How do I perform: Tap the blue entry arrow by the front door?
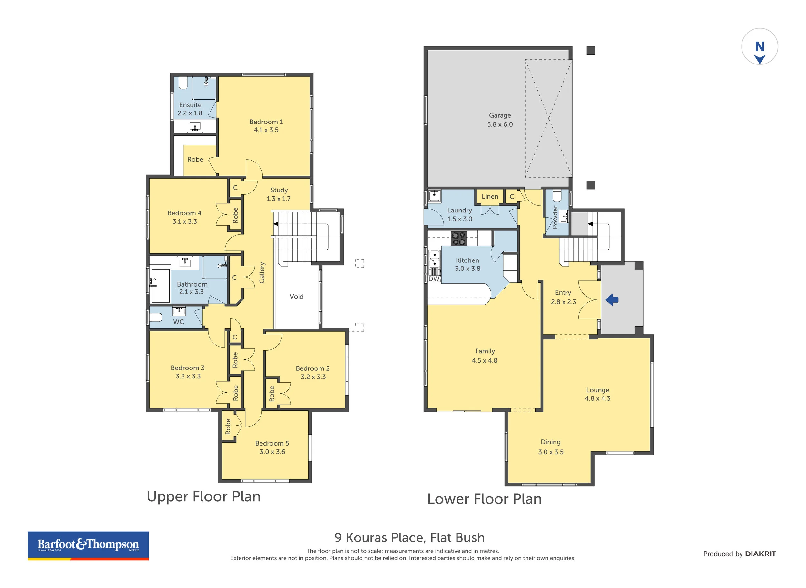pyautogui.click(x=612, y=300)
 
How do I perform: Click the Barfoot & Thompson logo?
pyautogui.click(x=88, y=546)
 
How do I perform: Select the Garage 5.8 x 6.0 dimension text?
pyautogui.click(x=500, y=124)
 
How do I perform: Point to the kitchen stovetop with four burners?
pyautogui.click(x=458, y=239)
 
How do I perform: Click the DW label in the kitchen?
pyautogui.click(x=434, y=279)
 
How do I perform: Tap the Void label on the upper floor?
pyautogui.click(x=297, y=296)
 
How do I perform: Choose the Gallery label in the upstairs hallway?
pyautogui.click(x=262, y=273)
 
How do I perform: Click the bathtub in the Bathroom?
pyautogui.click(x=160, y=286)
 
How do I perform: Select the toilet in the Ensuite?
pyautogui.click(x=183, y=83)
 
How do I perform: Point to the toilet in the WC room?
pyautogui.click(x=157, y=317)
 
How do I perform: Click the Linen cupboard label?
pyautogui.click(x=490, y=196)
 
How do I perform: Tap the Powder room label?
pyautogui.click(x=555, y=217)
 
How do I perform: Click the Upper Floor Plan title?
pyautogui.click(x=204, y=496)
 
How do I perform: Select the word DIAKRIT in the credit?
pyautogui.click(x=761, y=554)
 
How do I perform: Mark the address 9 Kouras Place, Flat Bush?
pyautogui.click(x=409, y=537)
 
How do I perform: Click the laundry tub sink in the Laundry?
pyautogui.click(x=434, y=196)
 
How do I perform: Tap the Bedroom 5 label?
pyautogui.click(x=272, y=443)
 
